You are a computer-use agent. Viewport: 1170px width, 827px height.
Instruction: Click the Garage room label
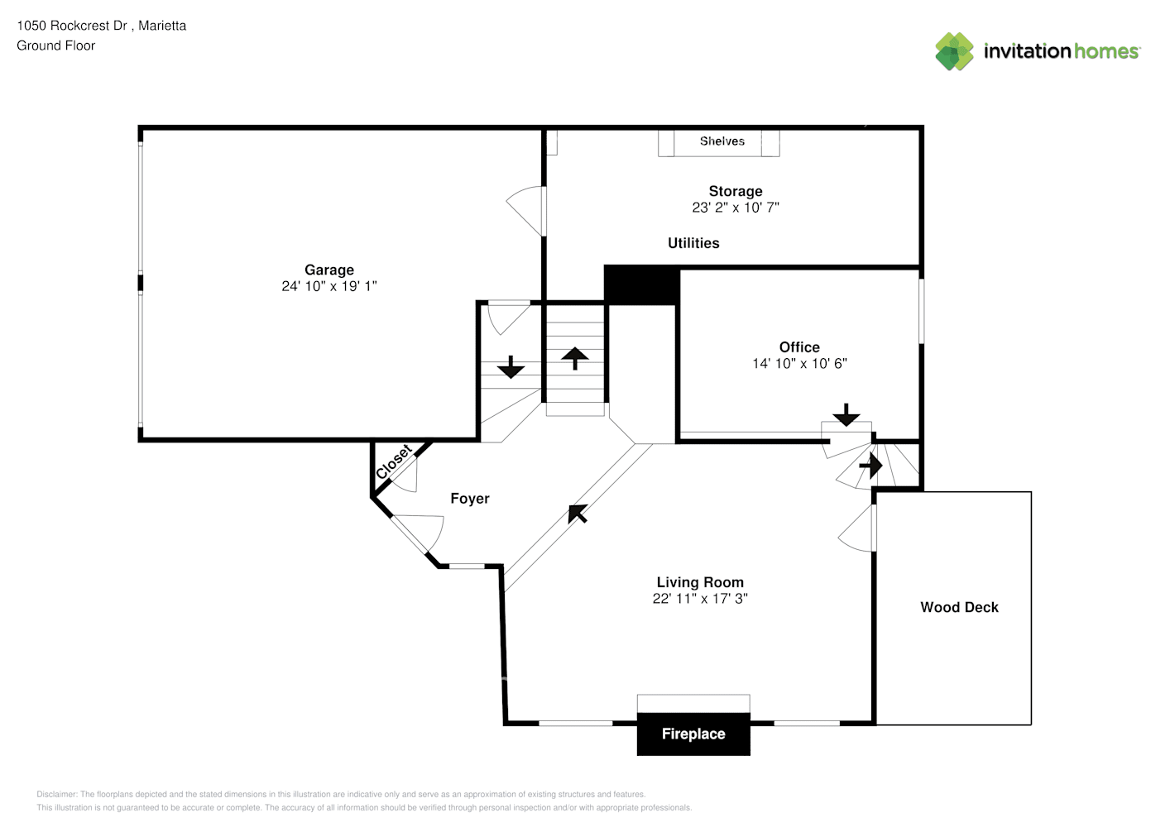coord(328,270)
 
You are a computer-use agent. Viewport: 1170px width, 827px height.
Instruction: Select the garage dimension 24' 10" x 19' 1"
coord(328,286)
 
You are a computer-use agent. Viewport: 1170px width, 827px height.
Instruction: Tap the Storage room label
coord(735,191)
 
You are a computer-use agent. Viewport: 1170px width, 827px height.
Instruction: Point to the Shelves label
coord(722,141)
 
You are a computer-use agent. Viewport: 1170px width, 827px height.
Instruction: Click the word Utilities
coord(693,243)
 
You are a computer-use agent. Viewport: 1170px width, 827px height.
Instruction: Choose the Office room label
coord(799,347)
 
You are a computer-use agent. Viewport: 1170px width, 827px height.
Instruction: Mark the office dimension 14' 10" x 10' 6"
coord(799,364)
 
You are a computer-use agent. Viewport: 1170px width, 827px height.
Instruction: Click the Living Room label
coord(700,582)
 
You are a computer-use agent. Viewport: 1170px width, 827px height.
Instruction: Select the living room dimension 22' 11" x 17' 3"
coord(700,599)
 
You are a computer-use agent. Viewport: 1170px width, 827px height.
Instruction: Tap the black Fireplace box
coord(693,734)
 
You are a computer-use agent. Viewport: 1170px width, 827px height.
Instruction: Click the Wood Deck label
coord(959,607)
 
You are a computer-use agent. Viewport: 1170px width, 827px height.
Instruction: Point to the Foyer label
coord(469,499)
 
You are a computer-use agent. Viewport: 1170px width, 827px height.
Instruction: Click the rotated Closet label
coord(393,462)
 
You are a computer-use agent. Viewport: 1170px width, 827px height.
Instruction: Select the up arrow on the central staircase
coord(575,357)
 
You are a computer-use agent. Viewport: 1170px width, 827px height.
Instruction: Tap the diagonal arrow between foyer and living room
coord(578,514)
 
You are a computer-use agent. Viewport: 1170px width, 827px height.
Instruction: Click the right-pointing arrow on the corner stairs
coord(870,466)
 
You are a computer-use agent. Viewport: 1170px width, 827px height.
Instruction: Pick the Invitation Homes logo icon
coord(954,51)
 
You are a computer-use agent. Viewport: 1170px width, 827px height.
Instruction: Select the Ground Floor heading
coord(55,45)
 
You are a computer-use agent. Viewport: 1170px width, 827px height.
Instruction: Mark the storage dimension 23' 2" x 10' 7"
coord(735,208)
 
